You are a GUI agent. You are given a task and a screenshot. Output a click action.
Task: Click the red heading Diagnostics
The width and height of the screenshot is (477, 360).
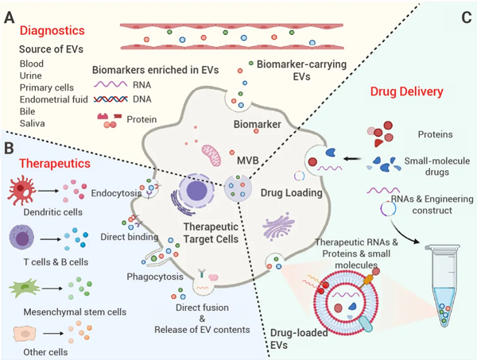53,33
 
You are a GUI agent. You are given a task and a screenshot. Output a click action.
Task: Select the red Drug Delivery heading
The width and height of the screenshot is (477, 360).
405,92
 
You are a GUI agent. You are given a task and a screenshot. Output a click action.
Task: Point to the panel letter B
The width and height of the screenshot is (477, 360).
10,145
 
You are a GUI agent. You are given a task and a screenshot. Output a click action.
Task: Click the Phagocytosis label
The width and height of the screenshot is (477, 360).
155,277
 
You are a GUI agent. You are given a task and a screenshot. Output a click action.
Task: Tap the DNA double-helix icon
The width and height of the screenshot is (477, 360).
114,99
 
